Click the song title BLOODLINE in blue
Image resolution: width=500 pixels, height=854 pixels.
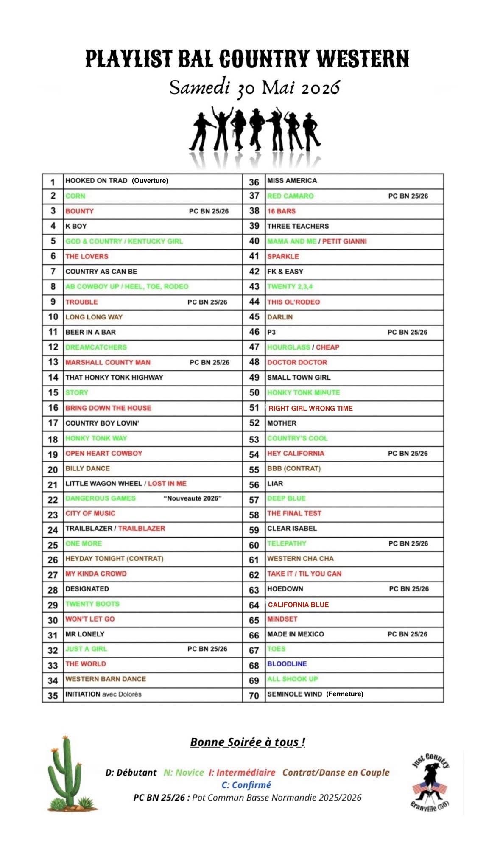[287, 664]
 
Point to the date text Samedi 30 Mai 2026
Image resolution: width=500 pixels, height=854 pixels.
[254, 88]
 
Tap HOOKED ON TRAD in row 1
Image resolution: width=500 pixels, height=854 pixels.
[96, 181]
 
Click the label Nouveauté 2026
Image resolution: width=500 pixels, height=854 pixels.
[193, 498]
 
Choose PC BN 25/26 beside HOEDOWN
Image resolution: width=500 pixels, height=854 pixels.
[409, 589]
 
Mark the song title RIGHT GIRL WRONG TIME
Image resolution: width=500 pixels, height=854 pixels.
[310, 409]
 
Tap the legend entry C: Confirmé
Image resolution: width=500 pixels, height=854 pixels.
[246, 785]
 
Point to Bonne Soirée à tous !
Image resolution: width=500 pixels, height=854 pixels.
[248, 742]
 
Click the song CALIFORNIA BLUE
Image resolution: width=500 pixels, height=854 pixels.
[298, 605]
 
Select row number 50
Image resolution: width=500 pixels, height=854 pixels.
[254, 393]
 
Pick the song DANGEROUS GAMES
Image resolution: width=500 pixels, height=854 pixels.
[101, 498]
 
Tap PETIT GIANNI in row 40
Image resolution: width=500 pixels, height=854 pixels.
[344, 241]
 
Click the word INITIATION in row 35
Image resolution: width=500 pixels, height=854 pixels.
[83, 694]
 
